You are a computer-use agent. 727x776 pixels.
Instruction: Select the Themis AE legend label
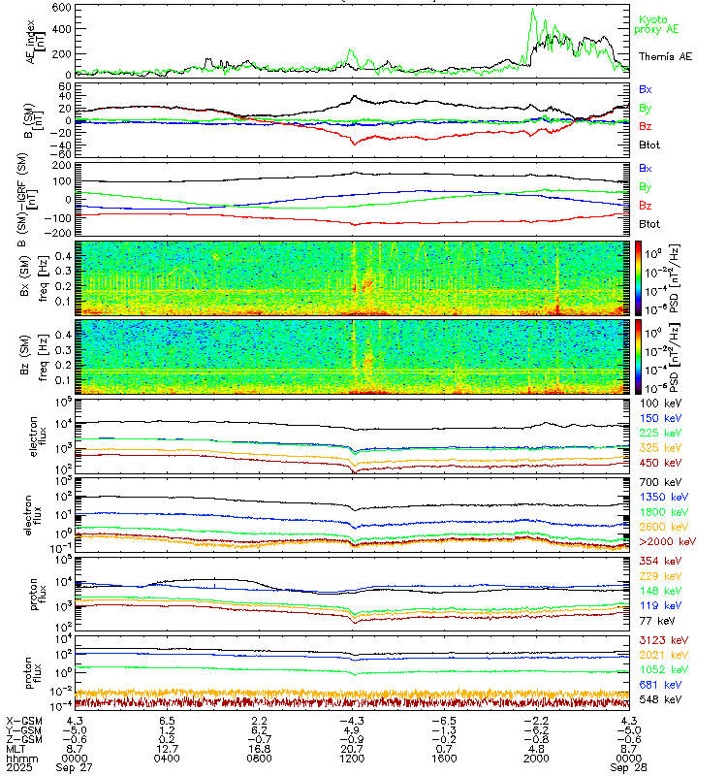click(665, 57)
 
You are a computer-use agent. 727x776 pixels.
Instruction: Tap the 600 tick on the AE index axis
click(59, 8)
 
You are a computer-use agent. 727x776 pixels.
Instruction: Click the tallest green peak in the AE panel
click(532, 11)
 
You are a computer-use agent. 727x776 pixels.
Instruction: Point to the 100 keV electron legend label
click(656, 402)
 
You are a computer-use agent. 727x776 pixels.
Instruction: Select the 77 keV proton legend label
click(653, 619)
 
